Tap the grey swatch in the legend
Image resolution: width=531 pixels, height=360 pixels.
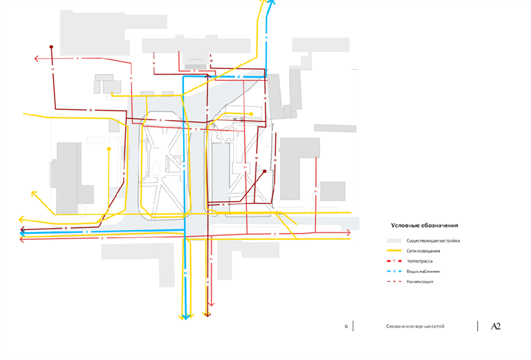pos(395,240)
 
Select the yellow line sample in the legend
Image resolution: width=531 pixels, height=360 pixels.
pos(395,251)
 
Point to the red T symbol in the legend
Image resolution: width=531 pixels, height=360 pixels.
pos(394,261)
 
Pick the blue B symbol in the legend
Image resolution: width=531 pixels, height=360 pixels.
pos(394,272)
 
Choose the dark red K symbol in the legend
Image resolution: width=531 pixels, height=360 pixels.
pos(394,282)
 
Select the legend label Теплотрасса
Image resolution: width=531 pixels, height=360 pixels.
pos(420,261)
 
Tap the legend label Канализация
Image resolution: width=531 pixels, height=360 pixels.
pos(420,282)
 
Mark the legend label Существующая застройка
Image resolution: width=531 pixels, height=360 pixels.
pos(433,240)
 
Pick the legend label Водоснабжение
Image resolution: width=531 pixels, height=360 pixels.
pos(422,272)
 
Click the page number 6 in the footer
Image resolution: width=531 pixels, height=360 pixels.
pos(346,326)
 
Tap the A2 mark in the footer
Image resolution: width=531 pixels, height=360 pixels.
pos(495,326)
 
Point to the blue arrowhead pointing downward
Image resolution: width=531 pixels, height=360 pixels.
pos(185,317)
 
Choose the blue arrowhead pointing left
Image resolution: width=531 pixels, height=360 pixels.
pos(23,233)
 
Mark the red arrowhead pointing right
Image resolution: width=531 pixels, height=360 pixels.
pos(348,234)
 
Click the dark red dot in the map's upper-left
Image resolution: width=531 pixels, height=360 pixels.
pos(51,47)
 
